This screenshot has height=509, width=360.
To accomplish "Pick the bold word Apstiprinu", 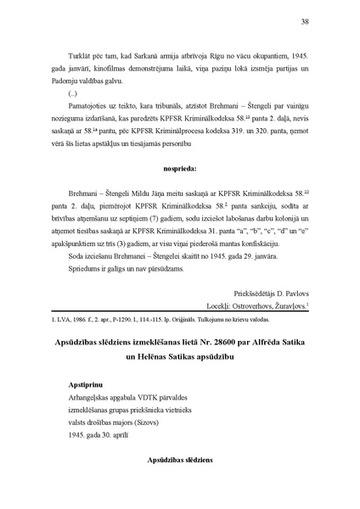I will (x=89, y=371).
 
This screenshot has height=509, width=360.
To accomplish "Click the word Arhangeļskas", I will (x=92, y=384).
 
